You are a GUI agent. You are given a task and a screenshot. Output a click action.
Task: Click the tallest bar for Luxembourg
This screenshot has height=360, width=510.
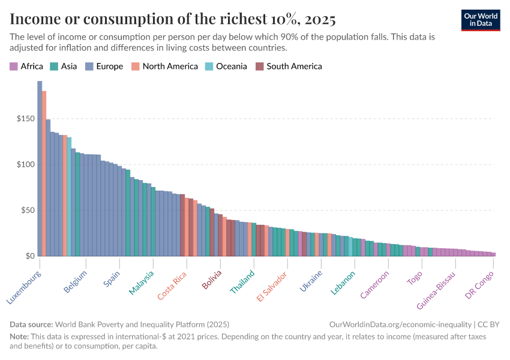point(40,168)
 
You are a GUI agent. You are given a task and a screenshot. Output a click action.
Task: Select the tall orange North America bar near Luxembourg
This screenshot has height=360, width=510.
point(44,174)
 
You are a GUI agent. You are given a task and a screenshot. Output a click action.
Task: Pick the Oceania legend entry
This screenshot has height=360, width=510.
point(226,67)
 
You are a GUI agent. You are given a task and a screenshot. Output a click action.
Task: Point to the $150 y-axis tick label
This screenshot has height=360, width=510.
point(25,119)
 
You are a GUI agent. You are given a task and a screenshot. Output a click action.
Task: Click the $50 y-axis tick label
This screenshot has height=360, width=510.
point(27,211)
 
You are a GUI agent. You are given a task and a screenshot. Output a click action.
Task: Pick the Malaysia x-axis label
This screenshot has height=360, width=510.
point(142,283)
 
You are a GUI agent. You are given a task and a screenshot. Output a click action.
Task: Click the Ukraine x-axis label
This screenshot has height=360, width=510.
point(311,281)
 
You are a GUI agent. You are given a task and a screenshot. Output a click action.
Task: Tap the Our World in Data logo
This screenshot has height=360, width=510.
point(481,19)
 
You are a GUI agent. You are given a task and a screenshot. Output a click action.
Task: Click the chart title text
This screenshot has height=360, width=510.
point(173,19)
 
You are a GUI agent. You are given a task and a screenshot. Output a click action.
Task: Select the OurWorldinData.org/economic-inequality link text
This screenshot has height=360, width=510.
point(401,324)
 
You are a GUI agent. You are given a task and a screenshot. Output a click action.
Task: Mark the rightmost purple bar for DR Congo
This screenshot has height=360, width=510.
point(493,254)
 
